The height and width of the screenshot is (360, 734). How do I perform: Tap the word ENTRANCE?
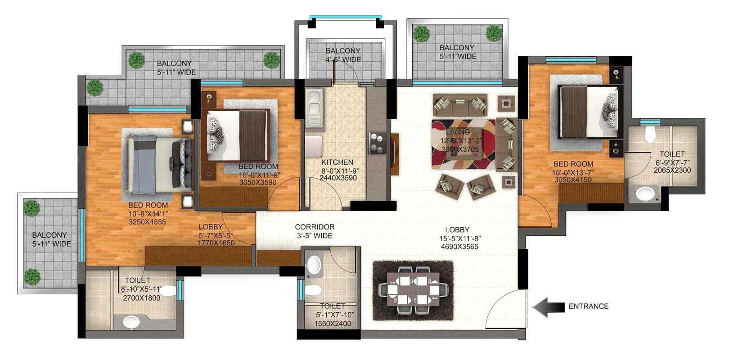(588, 306)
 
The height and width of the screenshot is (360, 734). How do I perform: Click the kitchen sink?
(314, 108)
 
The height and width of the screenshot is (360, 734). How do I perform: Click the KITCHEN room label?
(337, 162)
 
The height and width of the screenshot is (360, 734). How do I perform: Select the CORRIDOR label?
(315, 227)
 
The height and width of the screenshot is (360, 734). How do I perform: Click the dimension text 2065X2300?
(672, 171)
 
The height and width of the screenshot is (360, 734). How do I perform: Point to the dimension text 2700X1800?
(141, 298)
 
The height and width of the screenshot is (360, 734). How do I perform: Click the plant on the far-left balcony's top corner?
(31, 207)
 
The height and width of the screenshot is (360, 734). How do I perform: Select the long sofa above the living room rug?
(460, 105)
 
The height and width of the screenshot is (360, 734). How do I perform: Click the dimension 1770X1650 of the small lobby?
(216, 243)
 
